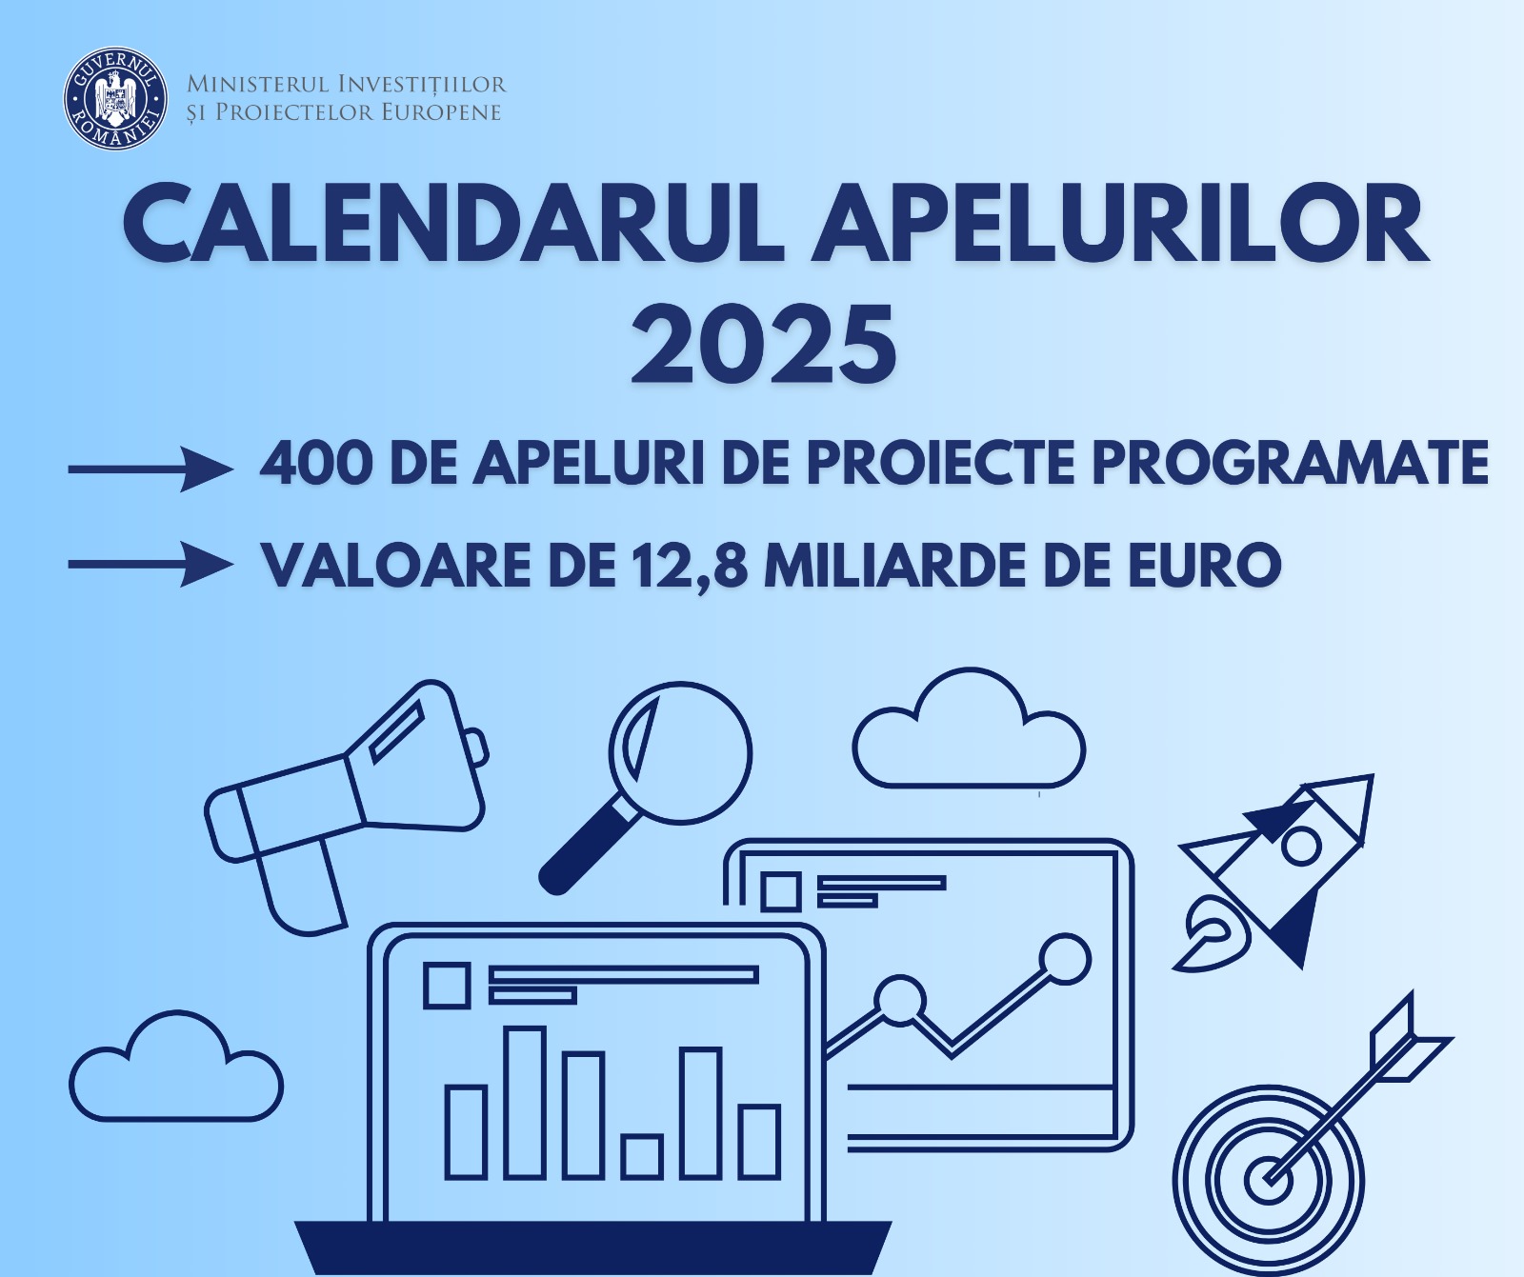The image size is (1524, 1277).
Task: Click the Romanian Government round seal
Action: pyautogui.click(x=115, y=99)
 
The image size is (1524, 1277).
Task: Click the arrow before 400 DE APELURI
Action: pyautogui.click(x=150, y=469)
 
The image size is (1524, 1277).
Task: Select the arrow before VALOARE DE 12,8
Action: pyautogui.click(x=150, y=565)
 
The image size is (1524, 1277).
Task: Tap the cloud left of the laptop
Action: pyautogui.click(x=176, y=1071)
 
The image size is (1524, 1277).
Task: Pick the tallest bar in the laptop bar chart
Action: pyautogui.click(x=525, y=1103)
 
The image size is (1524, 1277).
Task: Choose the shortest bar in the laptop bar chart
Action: pyautogui.click(x=642, y=1157)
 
